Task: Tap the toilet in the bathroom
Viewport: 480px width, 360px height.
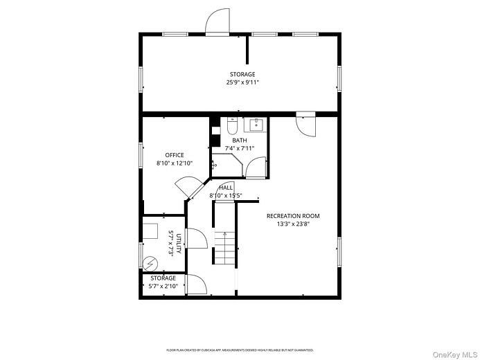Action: click(x=232, y=126)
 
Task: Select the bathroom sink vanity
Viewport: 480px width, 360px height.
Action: click(x=256, y=125)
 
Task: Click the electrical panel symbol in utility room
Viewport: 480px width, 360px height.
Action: click(x=150, y=264)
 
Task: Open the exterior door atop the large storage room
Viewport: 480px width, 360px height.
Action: click(x=217, y=22)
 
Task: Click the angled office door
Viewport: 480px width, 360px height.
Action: click(x=187, y=188)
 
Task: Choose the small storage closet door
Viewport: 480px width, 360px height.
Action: click(x=195, y=285)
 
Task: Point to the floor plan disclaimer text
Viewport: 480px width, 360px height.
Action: click(x=240, y=350)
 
